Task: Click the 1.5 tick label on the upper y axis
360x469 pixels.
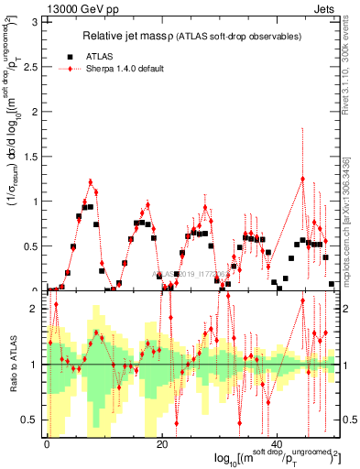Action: (34, 156)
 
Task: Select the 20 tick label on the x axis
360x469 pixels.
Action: (162, 444)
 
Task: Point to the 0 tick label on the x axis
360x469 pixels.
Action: (47, 444)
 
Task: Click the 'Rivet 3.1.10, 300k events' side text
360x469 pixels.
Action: (351, 64)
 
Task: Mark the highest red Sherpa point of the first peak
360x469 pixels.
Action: (90, 181)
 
